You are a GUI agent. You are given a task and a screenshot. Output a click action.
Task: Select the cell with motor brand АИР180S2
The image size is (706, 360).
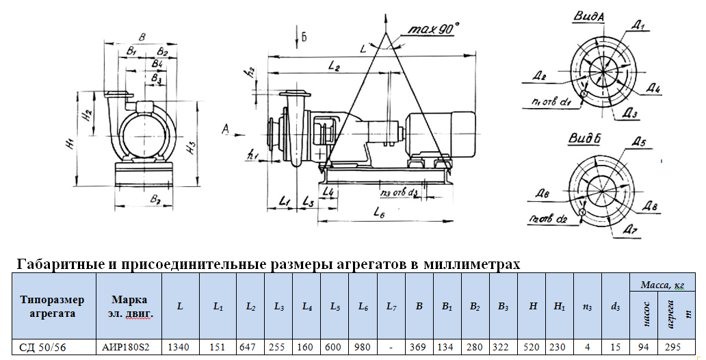pos(131,348)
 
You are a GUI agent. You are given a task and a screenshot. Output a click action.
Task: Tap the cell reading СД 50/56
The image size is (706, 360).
pos(48,348)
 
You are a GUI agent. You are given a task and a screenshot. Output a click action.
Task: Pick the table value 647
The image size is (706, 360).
pos(248,348)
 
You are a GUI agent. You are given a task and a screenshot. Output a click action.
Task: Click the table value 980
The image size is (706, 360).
pos(363,348)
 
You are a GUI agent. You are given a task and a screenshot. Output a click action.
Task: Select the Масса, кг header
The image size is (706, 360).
pos(662,285)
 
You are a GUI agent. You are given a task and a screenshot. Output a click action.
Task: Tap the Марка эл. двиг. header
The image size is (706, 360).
pos(131,306)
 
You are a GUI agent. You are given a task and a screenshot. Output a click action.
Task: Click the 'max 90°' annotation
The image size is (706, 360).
pos(433,29)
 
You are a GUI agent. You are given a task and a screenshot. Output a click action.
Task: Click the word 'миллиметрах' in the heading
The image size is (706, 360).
pos(471,264)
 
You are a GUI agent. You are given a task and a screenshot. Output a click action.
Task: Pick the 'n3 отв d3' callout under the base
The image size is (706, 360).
pos(398,194)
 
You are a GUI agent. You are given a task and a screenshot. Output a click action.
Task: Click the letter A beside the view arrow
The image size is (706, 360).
pos(226,128)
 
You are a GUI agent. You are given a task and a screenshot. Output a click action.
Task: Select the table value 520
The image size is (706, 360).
pos(532,348)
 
